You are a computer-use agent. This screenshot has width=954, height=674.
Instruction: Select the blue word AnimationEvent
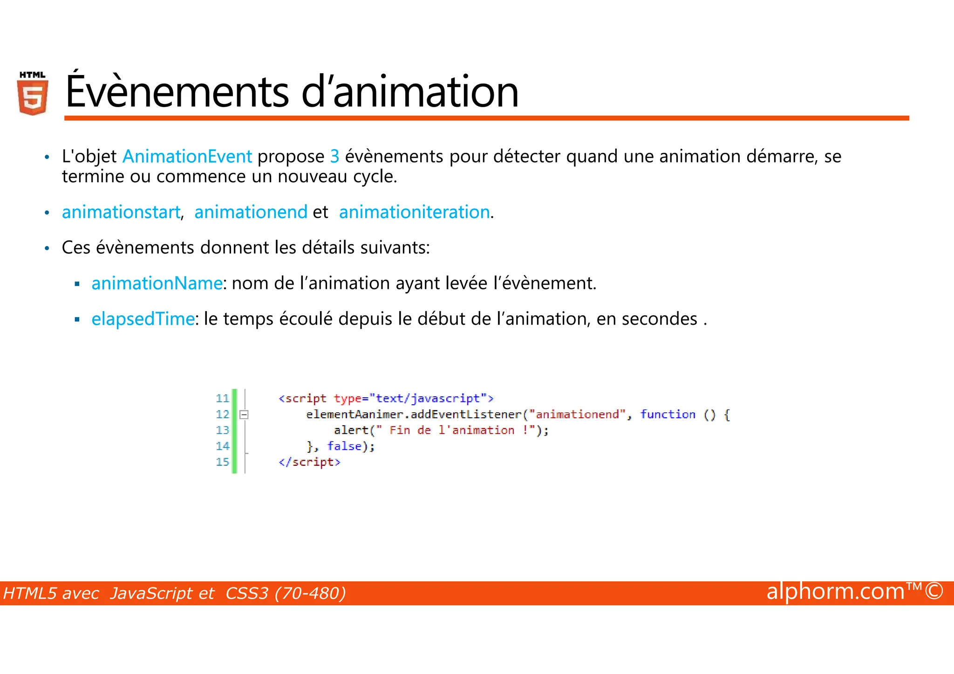pyautogui.click(x=187, y=157)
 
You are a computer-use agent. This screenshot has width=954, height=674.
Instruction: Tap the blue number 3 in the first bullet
pyautogui.click(x=334, y=157)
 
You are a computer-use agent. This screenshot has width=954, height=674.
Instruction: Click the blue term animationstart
pyautogui.click(x=121, y=212)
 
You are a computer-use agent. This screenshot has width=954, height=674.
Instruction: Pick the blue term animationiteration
pyautogui.click(x=414, y=212)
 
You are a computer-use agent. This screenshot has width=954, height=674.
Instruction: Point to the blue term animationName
pyautogui.click(x=157, y=283)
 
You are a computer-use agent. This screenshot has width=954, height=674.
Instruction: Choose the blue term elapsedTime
pyautogui.click(x=143, y=319)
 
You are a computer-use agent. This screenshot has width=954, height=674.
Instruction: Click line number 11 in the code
pyautogui.click(x=222, y=399)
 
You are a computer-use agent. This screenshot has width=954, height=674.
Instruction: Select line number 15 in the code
pyautogui.click(x=222, y=462)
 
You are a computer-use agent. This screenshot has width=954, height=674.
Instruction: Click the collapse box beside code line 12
pyautogui.click(x=244, y=415)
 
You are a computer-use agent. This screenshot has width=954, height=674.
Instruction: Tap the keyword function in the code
pyautogui.click(x=668, y=415)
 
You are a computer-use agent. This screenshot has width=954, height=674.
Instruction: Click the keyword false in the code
pyautogui.click(x=344, y=446)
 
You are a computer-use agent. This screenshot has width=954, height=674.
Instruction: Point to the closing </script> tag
pyautogui.click(x=309, y=462)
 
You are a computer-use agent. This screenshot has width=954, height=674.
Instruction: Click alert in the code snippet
pyautogui.click(x=351, y=430)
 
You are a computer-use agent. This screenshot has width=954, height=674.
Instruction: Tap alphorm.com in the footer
pyautogui.click(x=835, y=592)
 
